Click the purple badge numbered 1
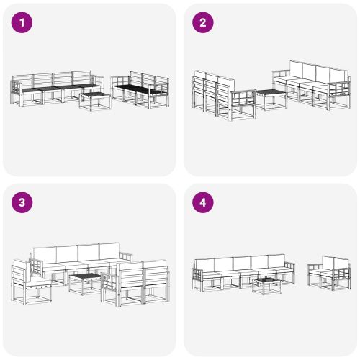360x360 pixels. point(23,23)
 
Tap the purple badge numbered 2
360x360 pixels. point(202,23)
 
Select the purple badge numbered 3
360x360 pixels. point(23,202)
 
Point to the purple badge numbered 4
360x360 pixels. point(202,202)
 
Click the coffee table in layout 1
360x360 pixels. point(95,100)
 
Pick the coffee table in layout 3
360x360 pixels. point(85,282)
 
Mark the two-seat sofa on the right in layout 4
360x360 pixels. point(330,271)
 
